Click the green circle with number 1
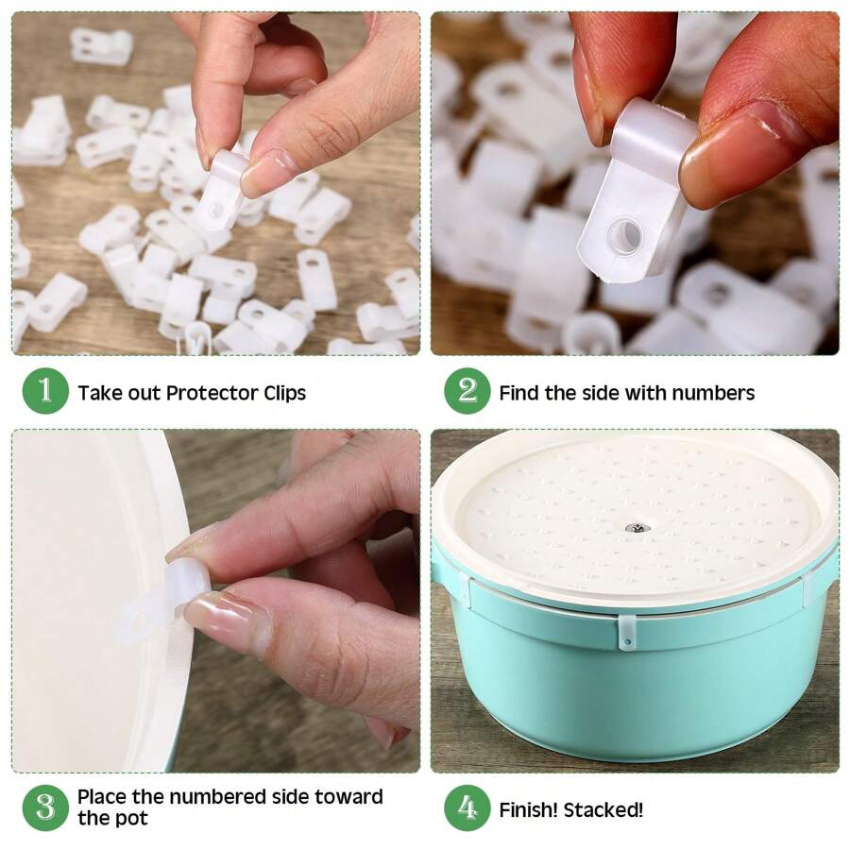(45, 392)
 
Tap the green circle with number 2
(467, 392)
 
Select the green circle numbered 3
(45, 808)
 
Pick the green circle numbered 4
(467, 808)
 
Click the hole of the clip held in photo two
(623, 235)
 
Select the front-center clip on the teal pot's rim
(627, 632)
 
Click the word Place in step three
(102, 797)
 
